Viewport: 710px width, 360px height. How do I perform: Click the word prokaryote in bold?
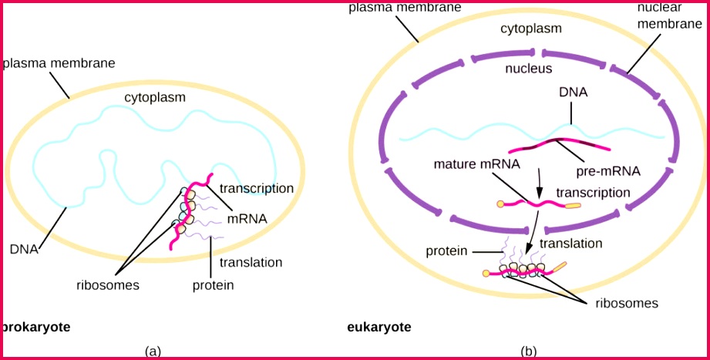(37, 327)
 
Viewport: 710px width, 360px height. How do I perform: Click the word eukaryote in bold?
(379, 328)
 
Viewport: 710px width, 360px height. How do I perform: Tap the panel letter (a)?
(153, 351)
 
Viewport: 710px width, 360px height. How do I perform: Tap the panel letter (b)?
(529, 351)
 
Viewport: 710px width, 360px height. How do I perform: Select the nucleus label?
(529, 69)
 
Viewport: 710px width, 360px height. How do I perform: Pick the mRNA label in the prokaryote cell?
(248, 218)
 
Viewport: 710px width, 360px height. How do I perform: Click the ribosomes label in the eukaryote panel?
(627, 303)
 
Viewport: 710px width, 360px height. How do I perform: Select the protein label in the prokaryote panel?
(213, 285)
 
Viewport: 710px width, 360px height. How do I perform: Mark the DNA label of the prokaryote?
(25, 249)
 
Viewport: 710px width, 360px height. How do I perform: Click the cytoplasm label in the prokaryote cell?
(154, 97)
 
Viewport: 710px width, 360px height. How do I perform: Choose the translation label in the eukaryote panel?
(570, 243)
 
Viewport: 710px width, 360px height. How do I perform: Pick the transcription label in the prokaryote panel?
(257, 188)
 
